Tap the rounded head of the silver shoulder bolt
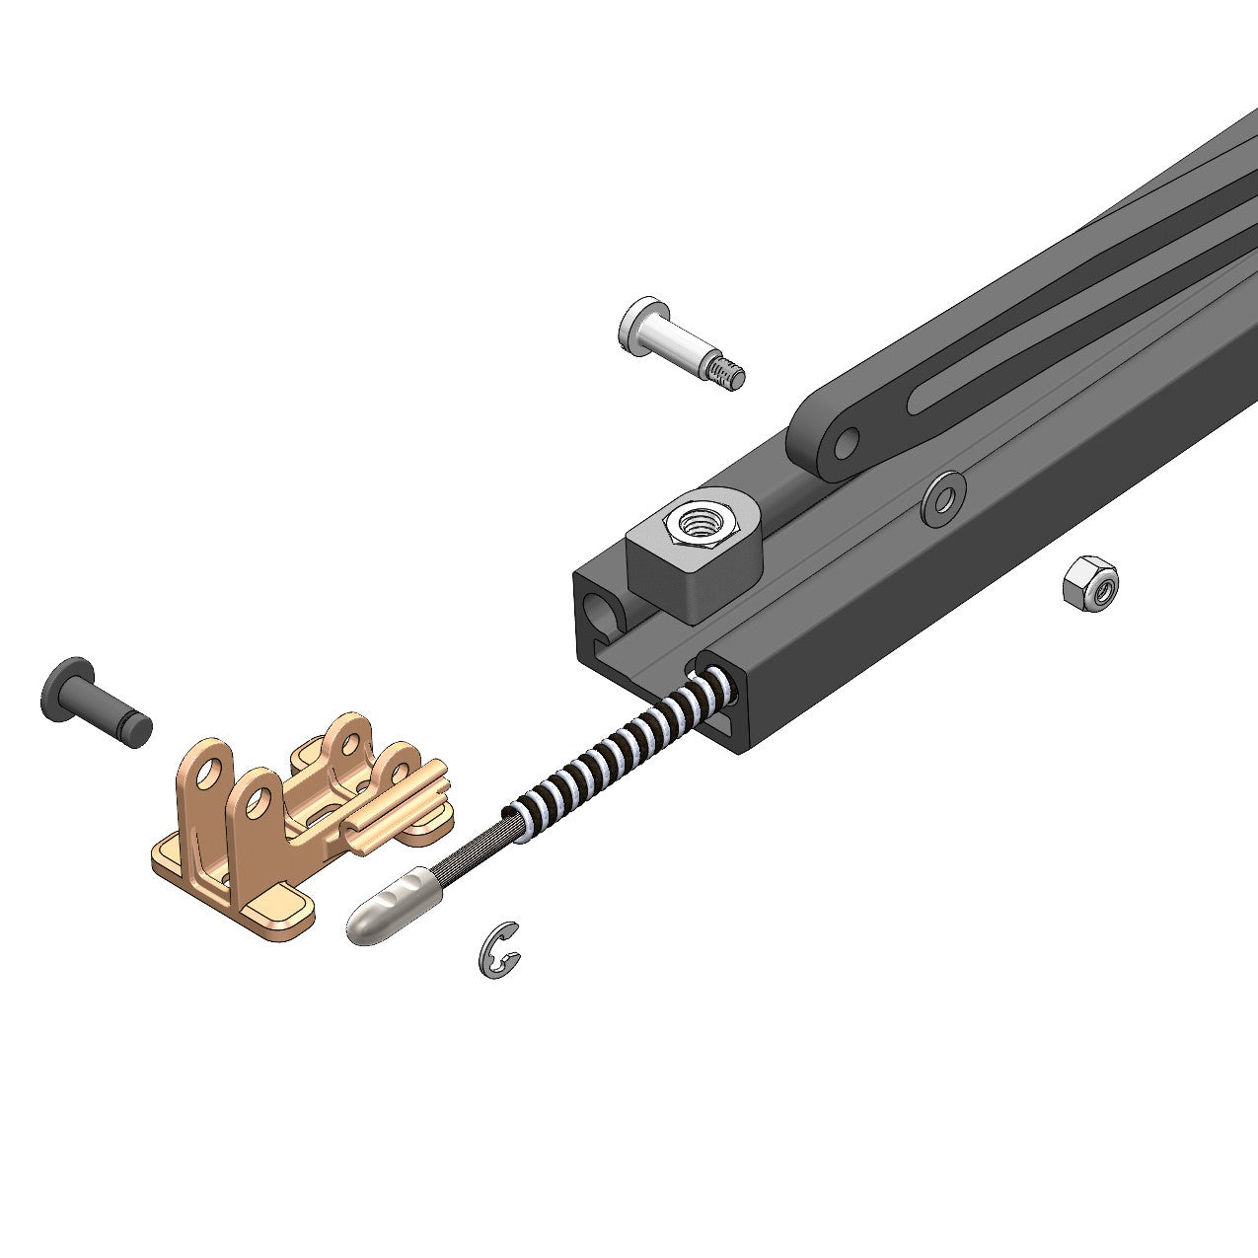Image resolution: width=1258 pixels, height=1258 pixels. point(636,323)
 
